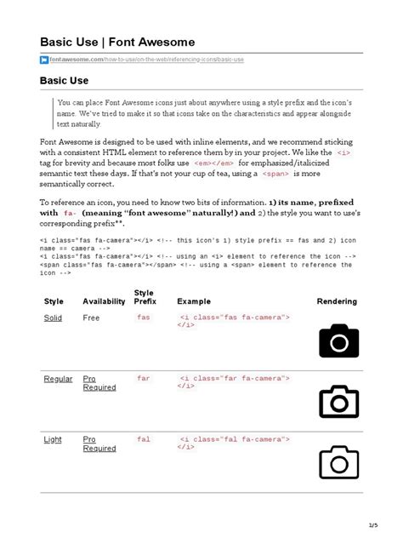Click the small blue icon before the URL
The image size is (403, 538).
[x=44, y=60]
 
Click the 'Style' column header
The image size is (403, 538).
[x=54, y=301]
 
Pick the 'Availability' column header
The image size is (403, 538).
[x=104, y=301]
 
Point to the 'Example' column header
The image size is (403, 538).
[x=194, y=301]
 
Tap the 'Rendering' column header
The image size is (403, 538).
[x=337, y=301]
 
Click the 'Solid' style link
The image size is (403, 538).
[x=53, y=318]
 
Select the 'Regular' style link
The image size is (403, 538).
[x=58, y=379]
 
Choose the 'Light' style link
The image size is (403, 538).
[x=53, y=439]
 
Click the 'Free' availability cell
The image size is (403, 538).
[x=91, y=318]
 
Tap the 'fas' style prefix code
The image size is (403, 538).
[x=143, y=317]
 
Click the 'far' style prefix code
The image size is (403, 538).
[x=143, y=378]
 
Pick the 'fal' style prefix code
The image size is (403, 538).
[x=143, y=439]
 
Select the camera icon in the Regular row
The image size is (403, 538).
[x=339, y=401]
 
